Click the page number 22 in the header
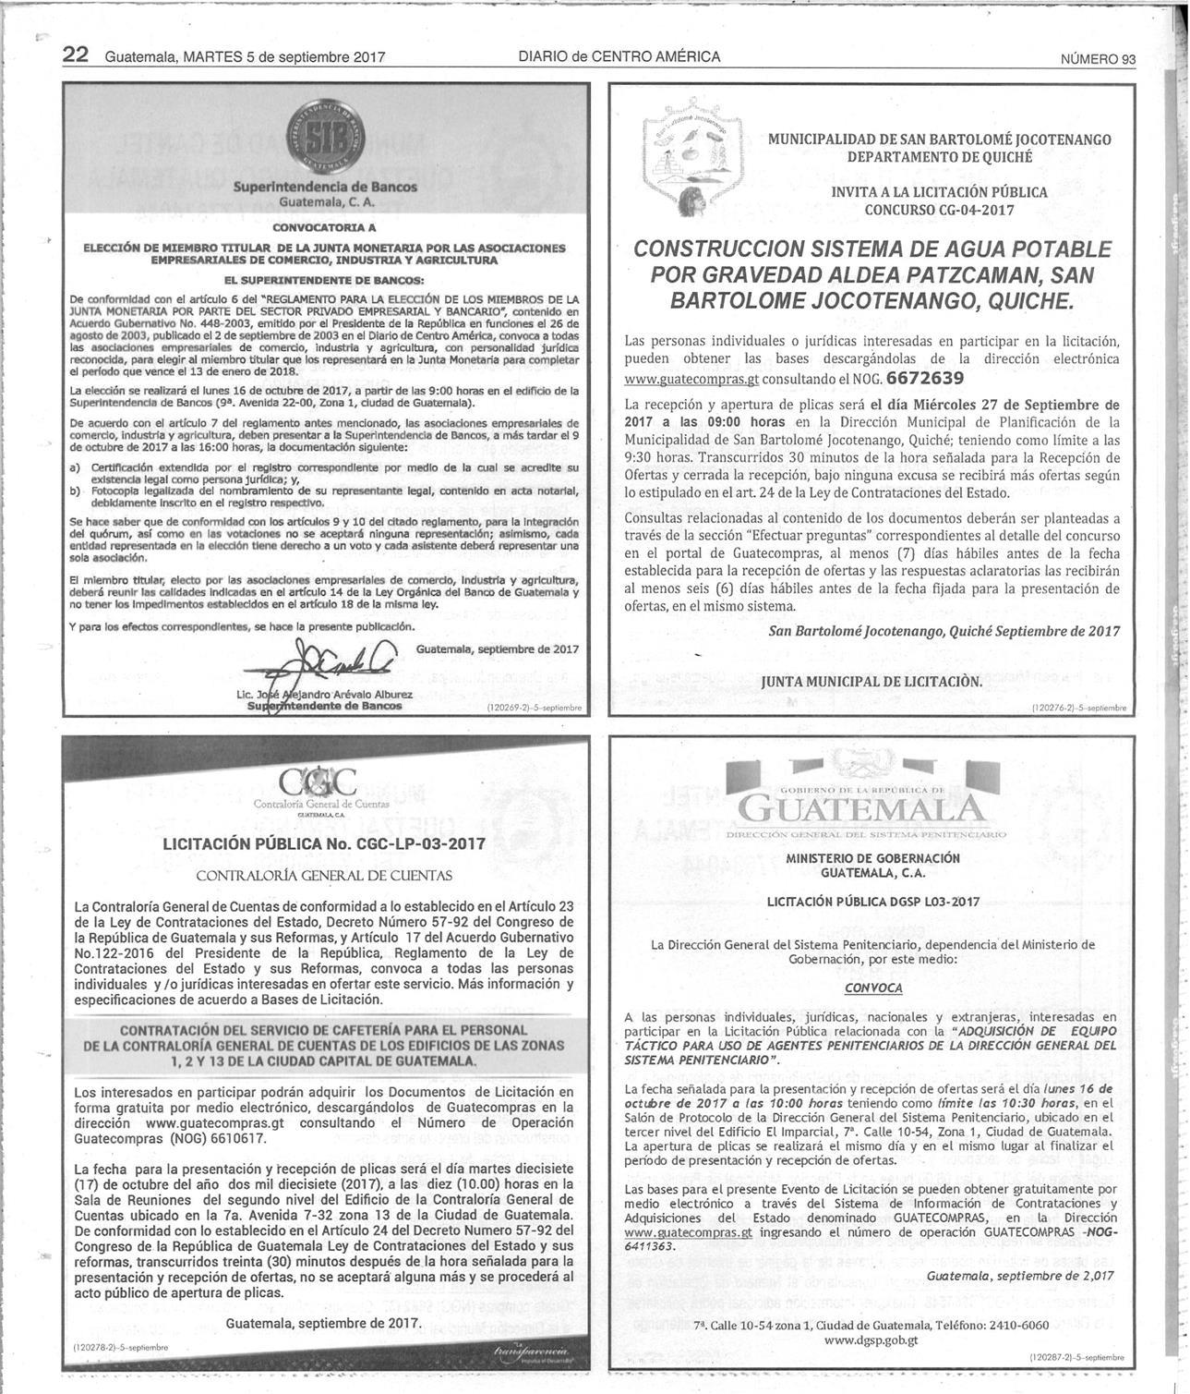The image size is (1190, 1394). (75, 55)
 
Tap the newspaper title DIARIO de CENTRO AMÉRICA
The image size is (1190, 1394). (619, 56)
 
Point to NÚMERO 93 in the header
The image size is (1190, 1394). (1098, 59)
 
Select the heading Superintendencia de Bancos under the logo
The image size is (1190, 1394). (325, 187)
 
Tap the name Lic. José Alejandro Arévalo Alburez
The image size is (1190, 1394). (325, 694)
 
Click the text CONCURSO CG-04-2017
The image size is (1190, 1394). (939, 210)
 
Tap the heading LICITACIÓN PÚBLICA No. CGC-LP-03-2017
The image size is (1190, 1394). (324, 843)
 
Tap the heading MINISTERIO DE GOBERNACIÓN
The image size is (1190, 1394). (872, 858)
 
